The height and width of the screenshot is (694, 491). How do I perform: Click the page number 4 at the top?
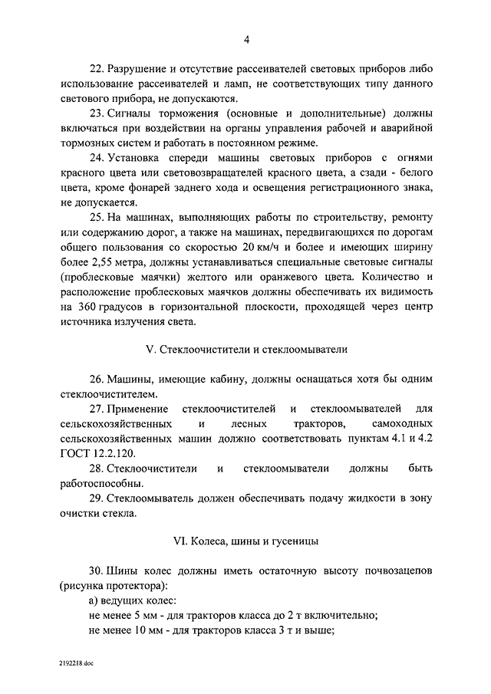click(246, 40)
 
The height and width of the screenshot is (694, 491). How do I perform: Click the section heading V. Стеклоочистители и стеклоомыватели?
click(246, 350)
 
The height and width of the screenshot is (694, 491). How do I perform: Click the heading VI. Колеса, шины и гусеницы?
click(246, 542)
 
